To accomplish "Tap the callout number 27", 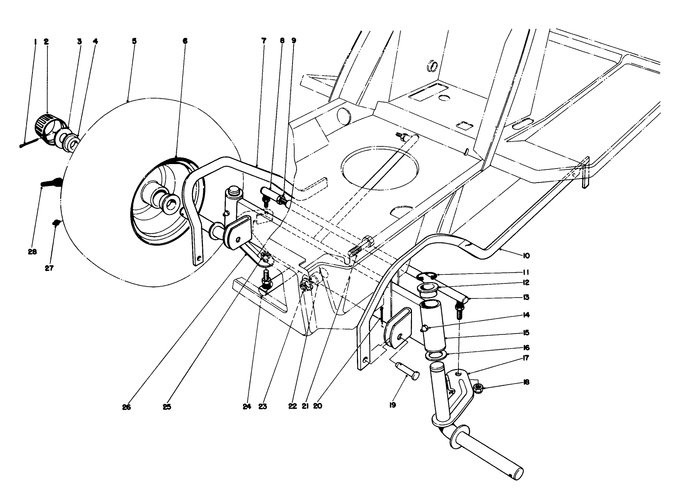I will (49, 268).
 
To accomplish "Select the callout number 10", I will (526, 256).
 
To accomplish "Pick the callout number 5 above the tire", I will (134, 41).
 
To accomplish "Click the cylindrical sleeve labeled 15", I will (434, 325).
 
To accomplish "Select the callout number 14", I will (526, 315).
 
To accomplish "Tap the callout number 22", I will (293, 406).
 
